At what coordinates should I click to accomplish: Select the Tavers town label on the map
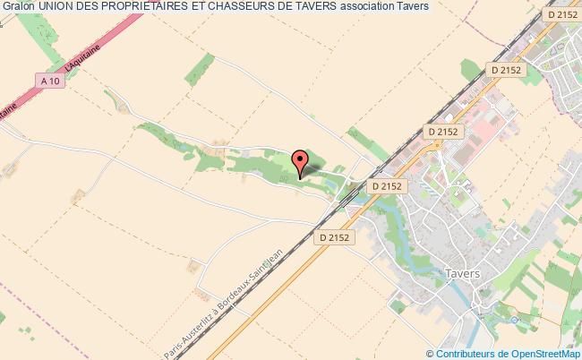pos(463,273)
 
